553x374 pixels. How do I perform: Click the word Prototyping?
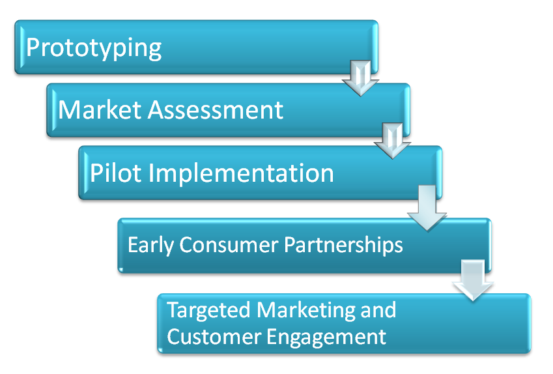94,49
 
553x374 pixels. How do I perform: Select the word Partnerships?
345,245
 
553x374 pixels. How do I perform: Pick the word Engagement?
326,337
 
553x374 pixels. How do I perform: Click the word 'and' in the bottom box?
378,309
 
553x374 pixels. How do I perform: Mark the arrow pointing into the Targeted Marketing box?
474,280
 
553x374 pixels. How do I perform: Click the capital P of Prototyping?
33,48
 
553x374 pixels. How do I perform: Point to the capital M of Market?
68,109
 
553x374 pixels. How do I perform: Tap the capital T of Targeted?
173,309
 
